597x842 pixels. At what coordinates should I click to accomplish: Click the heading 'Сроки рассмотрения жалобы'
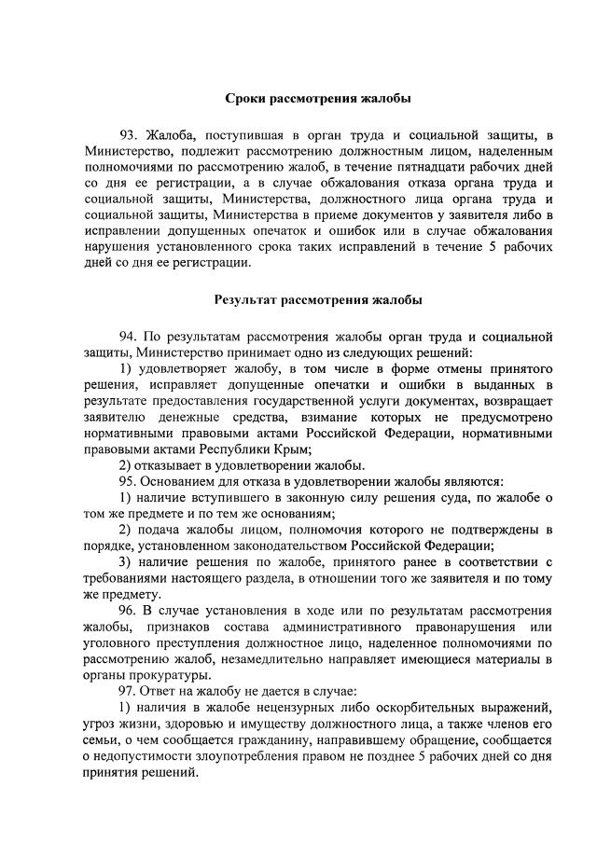pyautogui.click(x=318, y=98)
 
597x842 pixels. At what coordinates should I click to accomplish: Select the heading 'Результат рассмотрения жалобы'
pyautogui.click(x=318, y=300)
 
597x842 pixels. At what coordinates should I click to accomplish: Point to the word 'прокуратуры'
pyautogui.click(x=173, y=677)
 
